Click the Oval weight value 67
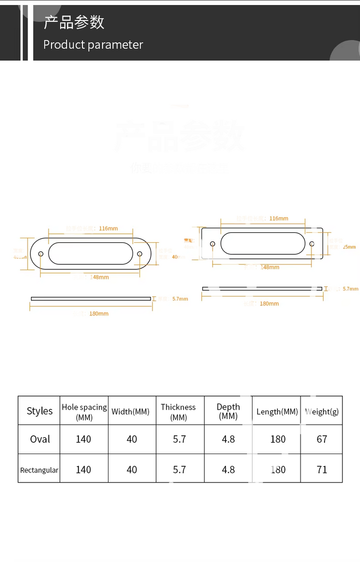click(x=322, y=439)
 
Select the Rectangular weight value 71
click(x=322, y=470)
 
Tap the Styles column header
click(x=39, y=411)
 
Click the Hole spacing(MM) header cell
click(x=84, y=412)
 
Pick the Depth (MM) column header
click(x=228, y=411)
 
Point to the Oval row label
click(x=40, y=439)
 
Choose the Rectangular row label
click(x=39, y=470)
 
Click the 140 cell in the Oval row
click(x=83, y=439)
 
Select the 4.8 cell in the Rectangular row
click(x=228, y=470)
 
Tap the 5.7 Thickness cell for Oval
click(x=179, y=439)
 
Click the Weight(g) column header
click(x=321, y=412)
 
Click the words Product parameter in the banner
click(x=93, y=45)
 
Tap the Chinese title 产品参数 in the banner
click(x=73, y=22)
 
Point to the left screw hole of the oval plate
click(x=41, y=254)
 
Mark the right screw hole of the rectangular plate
click(x=311, y=244)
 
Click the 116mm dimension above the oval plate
click(x=108, y=229)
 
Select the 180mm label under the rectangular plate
click(x=269, y=304)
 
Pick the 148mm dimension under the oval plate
click(x=99, y=277)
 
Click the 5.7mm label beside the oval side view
click(x=180, y=299)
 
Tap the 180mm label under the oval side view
click(x=99, y=314)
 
